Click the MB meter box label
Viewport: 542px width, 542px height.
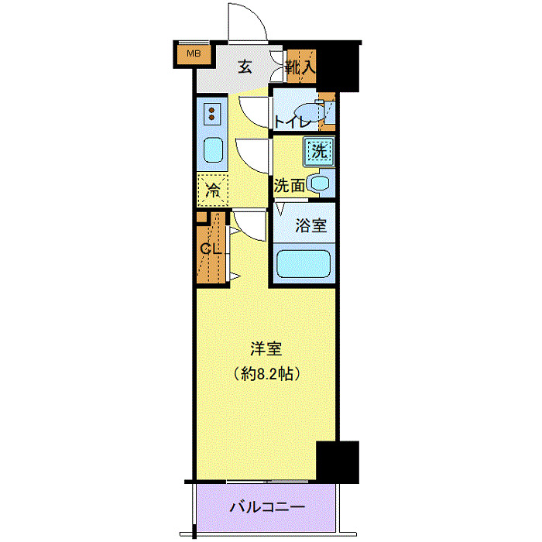tap(194, 53)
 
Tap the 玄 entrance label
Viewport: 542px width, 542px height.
tap(245, 67)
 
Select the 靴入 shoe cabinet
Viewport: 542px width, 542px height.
tap(300, 67)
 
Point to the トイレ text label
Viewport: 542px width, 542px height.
tap(293, 122)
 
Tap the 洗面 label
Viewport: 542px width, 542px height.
tap(289, 186)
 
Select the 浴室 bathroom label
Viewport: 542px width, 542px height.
tap(311, 226)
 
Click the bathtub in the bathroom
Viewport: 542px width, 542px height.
tap(304, 264)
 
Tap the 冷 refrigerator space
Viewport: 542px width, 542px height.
tap(211, 187)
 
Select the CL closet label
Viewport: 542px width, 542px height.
tap(211, 249)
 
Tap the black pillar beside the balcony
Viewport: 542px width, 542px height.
tap(339, 461)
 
